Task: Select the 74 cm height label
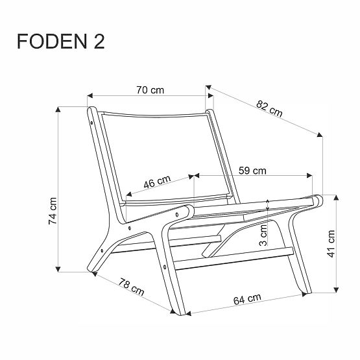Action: pos(54,210)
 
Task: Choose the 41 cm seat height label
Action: pos(331,244)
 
